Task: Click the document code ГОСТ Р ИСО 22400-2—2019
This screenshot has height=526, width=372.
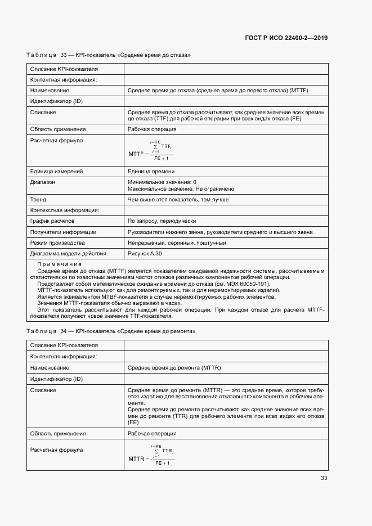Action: click(x=286, y=38)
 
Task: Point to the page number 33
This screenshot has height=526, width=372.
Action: click(x=324, y=478)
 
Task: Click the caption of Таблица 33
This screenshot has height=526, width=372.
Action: click(x=109, y=55)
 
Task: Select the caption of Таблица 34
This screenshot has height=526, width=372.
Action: click(x=111, y=331)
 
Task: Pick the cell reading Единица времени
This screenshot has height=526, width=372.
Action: click(x=151, y=172)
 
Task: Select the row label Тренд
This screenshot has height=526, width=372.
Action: click(x=38, y=199)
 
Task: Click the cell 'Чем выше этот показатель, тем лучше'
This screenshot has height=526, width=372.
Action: click(x=178, y=199)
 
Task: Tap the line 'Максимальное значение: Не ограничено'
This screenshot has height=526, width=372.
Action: click(x=181, y=189)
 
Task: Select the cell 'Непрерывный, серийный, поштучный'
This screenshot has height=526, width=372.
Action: click(x=177, y=242)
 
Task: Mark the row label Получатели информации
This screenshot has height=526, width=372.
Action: click(x=63, y=232)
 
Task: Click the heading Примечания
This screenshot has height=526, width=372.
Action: click(x=60, y=264)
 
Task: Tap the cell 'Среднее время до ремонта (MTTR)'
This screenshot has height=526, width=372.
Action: click(x=174, y=367)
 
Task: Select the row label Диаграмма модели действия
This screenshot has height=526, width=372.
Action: click(x=68, y=253)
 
